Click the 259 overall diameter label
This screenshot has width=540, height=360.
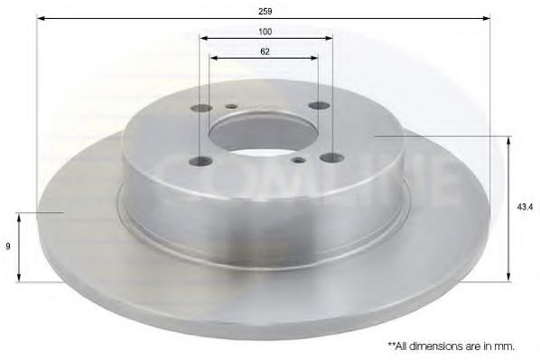coord(265,12)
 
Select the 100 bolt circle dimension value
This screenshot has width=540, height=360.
coord(265,32)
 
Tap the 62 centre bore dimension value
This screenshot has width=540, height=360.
coord(265,52)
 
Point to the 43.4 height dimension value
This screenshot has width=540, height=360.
coord(524,207)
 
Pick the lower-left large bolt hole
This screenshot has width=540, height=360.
coord(198,162)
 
